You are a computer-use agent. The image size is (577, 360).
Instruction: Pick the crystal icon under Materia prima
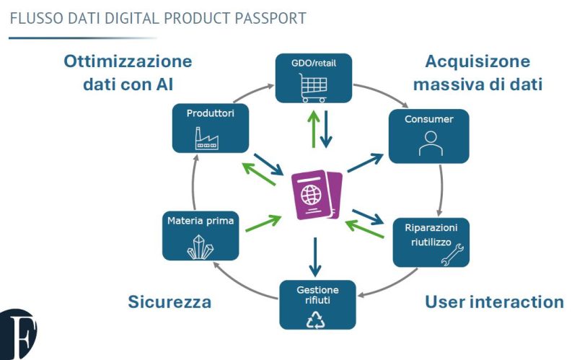pos(201,246)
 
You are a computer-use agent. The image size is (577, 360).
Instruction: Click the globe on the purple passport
pos(312,195)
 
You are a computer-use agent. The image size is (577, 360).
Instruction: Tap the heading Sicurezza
pos(169,302)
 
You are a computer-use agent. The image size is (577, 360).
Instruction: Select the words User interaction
pos(494,302)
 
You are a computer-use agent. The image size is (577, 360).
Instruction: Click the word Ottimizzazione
pos(128,61)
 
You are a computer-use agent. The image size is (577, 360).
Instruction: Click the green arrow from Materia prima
pos(264,223)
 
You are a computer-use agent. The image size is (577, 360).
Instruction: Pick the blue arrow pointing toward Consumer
pos(365,163)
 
